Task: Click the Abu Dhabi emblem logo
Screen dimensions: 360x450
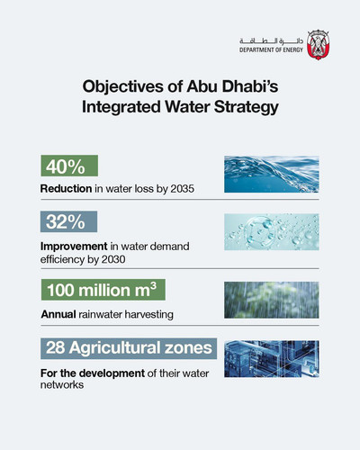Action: pyautogui.click(x=319, y=45)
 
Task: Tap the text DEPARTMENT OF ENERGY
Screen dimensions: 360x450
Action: pyautogui.click(x=271, y=50)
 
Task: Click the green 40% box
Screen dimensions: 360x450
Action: pyautogui.click(x=69, y=166)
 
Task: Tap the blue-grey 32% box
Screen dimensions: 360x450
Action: pyautogui.click(x=68, y=221)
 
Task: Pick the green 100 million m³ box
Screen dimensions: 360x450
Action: pyautogui.click(x=103, y=290)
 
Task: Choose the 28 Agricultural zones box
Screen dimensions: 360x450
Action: pyautogui.click(x=129, y=348)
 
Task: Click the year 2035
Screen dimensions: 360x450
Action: pyautogui.click(x=183, y=189)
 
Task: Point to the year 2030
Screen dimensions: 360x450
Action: pyautogui.click(x=113, y=259)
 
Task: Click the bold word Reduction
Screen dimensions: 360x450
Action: pyautogui.click(x=66, y=189)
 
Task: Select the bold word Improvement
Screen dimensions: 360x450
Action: pyautogui.click(x=74, y=247)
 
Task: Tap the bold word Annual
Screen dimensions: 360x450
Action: pyautogui.click(x=58, y=314)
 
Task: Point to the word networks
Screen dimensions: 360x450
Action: pyautogui.click(x=62, y=385)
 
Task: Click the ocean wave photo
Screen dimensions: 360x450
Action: pyautogui.click(x=272, y=175)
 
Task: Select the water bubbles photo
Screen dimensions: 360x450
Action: pyautogui.click(x=272, y=232)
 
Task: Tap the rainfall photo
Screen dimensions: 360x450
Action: pyautogui.click(x=272, y=300)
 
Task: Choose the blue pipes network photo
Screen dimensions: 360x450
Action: pyautogui.click(x=272, y=359)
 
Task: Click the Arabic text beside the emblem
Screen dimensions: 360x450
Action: pyautogui.click(x=271, y=41)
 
